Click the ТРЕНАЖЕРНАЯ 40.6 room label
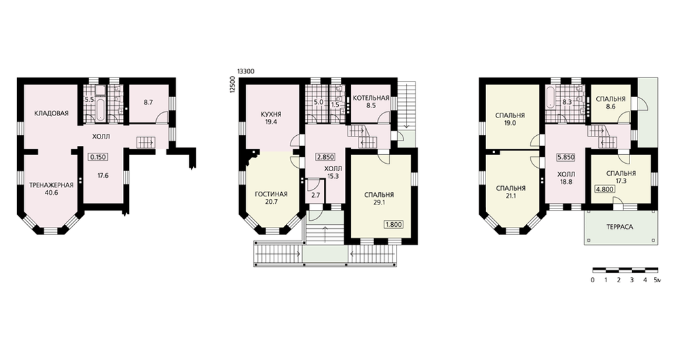tap(51, 189)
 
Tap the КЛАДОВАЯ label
tap(52, 113)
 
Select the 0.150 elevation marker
tap(98, 158)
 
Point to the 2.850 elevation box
tap(325, 158)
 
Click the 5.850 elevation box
tap(566, 158)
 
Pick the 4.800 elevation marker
tap(605, 189)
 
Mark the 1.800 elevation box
tap(394, 224)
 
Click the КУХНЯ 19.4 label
tap(272, 118)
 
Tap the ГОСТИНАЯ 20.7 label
tap(272, 198)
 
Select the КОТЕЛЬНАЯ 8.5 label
tap(371, 101)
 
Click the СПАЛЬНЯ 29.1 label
tap(379, 198)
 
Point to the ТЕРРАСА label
tap(619, 227)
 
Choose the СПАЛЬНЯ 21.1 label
tap(511, 192)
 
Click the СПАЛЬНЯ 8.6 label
tap(610, 103)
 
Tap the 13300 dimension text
tap(246, 71)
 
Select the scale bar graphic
tap(625, 270)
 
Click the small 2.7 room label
tap(315, 196)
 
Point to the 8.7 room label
tap(149, 103)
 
